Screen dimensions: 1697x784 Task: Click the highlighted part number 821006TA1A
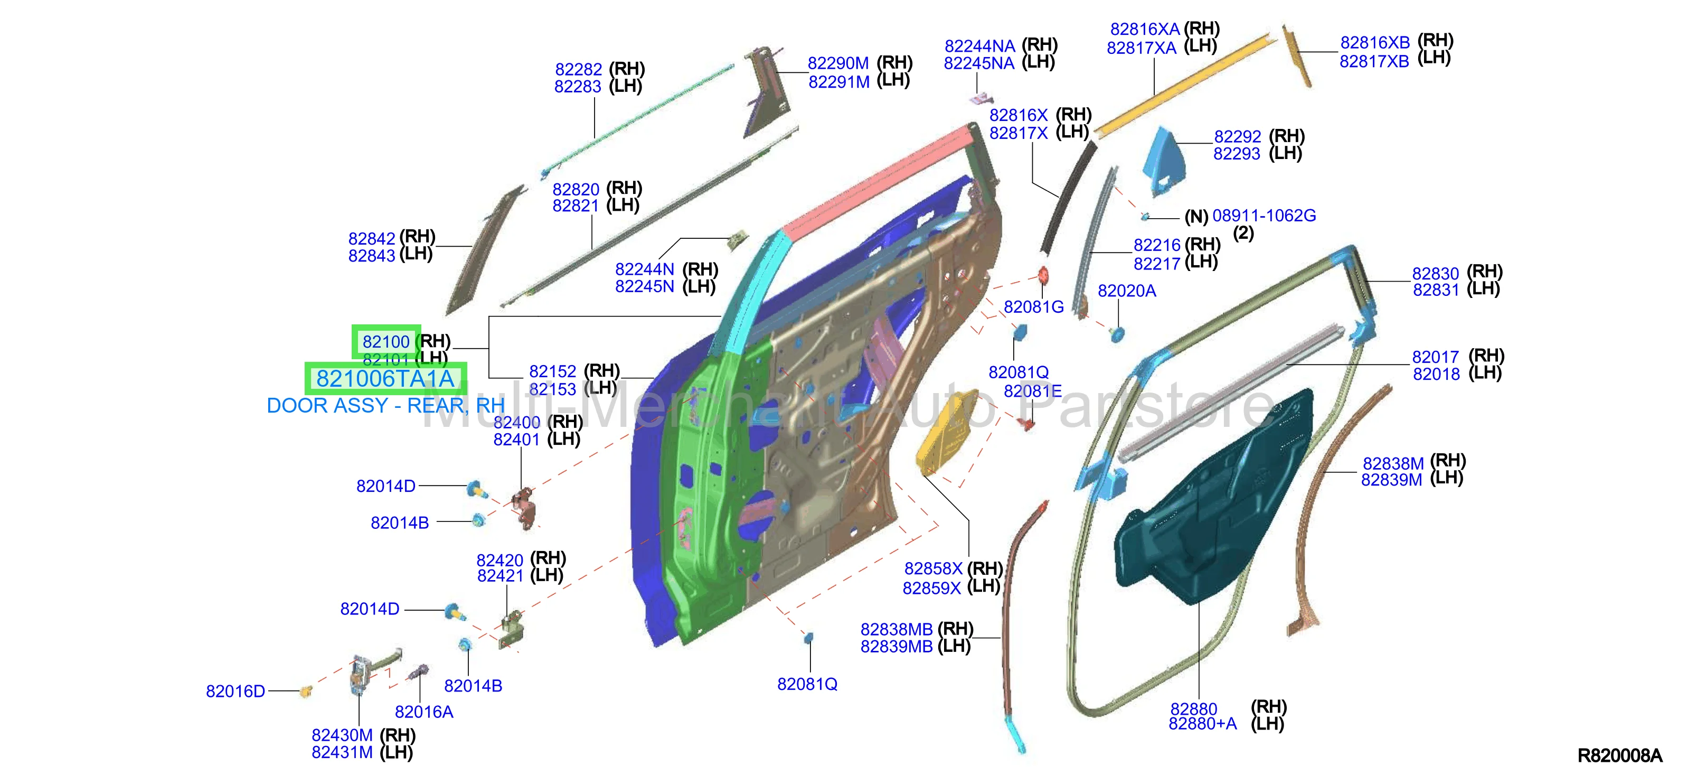tap(385, 378)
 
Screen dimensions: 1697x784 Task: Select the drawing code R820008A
tap(1619, 755)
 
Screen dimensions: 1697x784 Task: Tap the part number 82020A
tap(1127, 291)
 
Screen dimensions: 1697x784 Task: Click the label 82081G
tap(1034, 306)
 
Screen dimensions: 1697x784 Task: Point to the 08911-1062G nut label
tap(1264, 216)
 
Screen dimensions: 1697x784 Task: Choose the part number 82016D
tap(235, 691)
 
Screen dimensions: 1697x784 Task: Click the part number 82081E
tap(1032, 391)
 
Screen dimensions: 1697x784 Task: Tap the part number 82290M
tap(838, 63)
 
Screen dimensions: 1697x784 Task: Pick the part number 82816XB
tap(1375, 42)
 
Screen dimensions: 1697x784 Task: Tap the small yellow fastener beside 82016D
tap(306, 691)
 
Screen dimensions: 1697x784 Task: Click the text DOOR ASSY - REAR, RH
tap(385, 406)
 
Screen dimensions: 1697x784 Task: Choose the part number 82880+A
tap(1202, 724)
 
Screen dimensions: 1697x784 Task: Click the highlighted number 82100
tap(386, 342)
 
